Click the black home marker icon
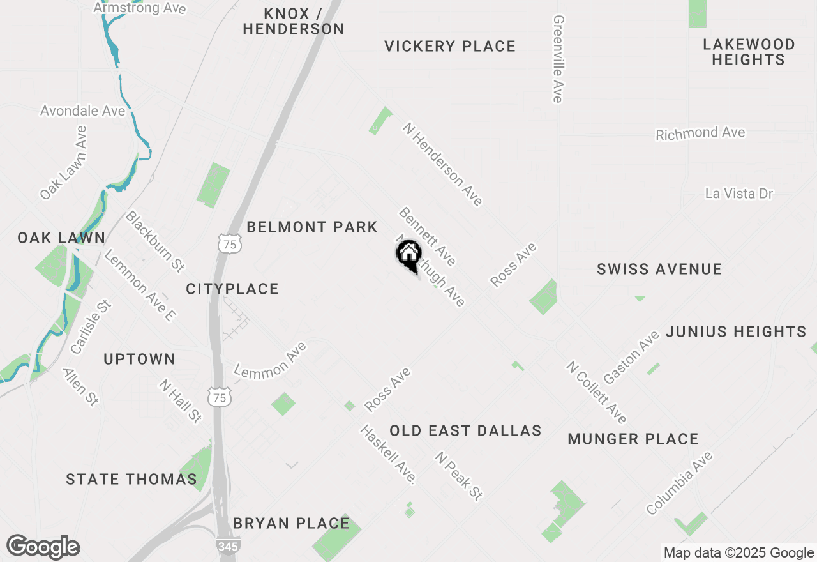[x=409, y=254]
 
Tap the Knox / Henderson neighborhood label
[x=294, y=21]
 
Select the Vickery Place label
[x=450, y=46]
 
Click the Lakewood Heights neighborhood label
[x=749, y=52]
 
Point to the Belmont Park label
[x=312, y=227]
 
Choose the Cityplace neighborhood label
[x=232, y=289]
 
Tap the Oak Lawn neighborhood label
[x=61, y=238]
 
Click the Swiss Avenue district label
[x=659, y=269]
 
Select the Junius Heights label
[x=736, y=331]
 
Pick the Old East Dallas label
[x=465, y=430]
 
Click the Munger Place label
[x=633, y=439]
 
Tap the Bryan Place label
[x=291, y=523]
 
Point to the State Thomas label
[x=131, y=479]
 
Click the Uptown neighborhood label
[x=139, y=359]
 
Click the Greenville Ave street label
[x=558, y=59]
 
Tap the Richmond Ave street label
[x=700, y=133]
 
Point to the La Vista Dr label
[x=739, y=193]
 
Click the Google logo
[x=43, y=547]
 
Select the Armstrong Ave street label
[x=140, y=8]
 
